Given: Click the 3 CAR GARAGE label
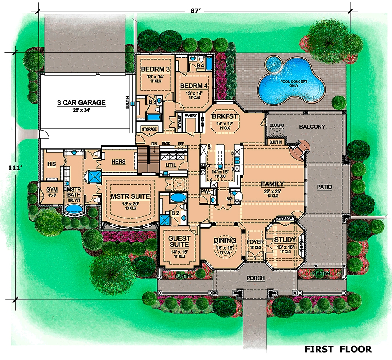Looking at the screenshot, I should click(x=81, y=103).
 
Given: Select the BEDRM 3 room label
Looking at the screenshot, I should click(x=155, y=69).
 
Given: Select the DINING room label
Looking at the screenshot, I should click(x=225, y=240).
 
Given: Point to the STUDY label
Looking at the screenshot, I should click(x=284, y=240).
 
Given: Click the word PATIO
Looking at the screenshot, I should click(x=325, y=187).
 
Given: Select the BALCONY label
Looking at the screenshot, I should click(x=312, y=127).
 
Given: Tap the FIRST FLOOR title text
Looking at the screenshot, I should click(x=338, y=349).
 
